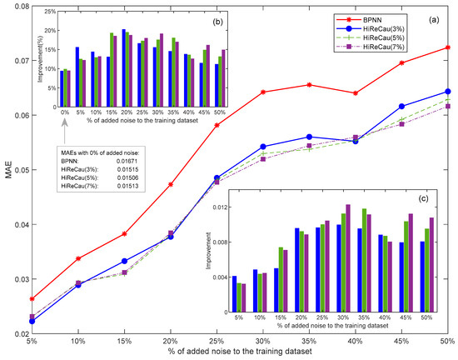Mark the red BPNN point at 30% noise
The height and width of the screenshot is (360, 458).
coord(262,92)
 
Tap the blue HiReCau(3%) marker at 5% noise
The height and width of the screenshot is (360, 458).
coord(32,321)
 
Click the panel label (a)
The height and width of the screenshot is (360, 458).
coord(434,17)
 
